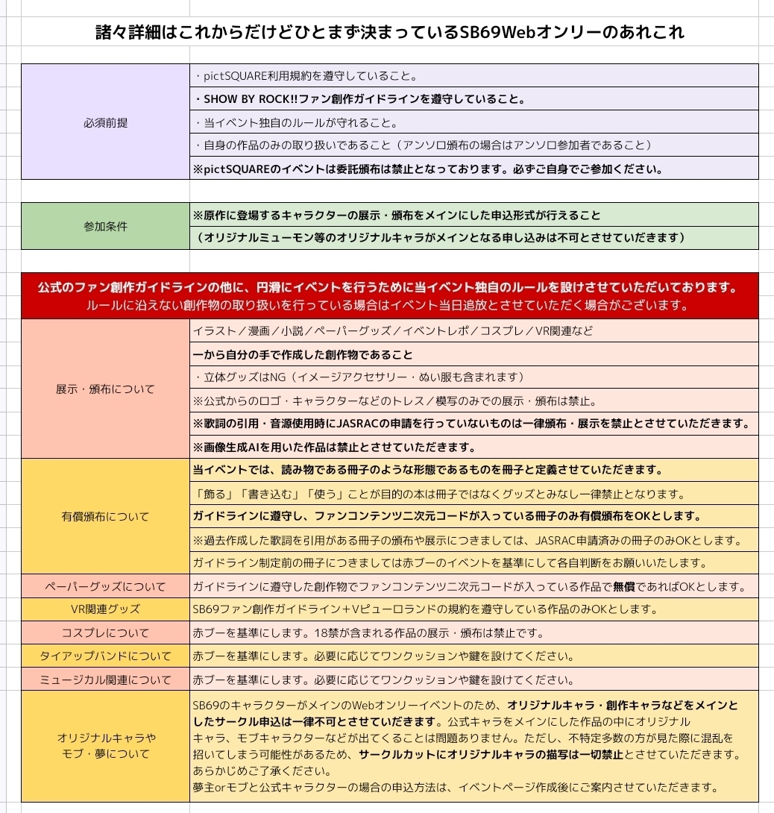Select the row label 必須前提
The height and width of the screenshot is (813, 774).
[105, 122]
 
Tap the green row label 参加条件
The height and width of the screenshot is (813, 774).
[105, 226]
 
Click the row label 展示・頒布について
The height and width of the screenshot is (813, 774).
[105, 389]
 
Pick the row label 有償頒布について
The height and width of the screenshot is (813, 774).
[105, 516]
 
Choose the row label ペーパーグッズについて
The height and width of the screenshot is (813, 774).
[105, 586]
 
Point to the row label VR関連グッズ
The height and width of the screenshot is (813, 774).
[105, 609]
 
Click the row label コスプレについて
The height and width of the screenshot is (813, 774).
[105, 633]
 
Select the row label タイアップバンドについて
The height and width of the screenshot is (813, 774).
[105, 656]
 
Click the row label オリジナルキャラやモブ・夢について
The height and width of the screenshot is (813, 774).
[105, 746]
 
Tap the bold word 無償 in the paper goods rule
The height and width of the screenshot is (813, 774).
[624, 586]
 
